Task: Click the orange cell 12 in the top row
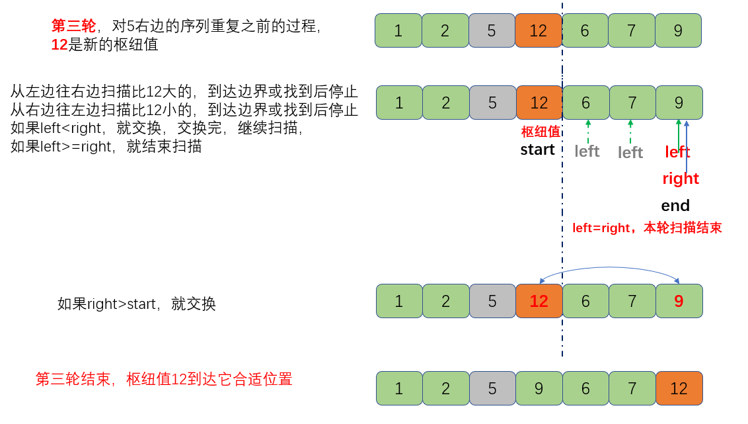coord(538,31)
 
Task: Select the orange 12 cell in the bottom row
coord(679,388)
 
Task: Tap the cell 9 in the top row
coord(678,31)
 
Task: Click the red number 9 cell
coord(679,302)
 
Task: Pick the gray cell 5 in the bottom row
coord(492,388)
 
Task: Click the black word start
coord(537,149)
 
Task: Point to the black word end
coord(675,206)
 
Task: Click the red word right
coord(681,179)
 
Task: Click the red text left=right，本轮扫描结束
coord(647,228)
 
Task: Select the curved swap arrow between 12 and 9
coord(609,269)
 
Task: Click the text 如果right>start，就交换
coord(137,304)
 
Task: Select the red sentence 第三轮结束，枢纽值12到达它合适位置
coord(164,380)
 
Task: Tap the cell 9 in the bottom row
coord(539,388)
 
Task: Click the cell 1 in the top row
coord(398,31)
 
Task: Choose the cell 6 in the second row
coord(585,103)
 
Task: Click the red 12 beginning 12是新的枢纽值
coord(59,45)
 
